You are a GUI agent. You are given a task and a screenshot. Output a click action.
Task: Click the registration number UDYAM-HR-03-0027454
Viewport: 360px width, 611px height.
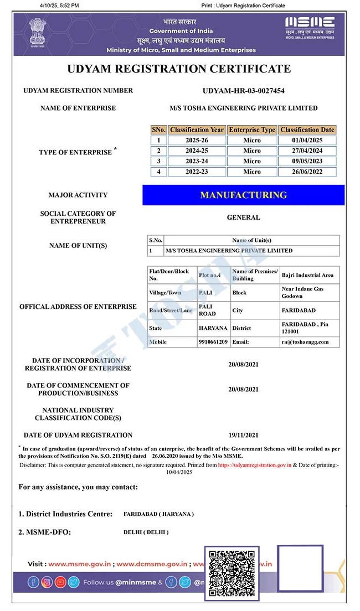click(x=243, y=91)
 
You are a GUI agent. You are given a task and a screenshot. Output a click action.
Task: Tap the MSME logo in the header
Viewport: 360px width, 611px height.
click(x=310, y=27)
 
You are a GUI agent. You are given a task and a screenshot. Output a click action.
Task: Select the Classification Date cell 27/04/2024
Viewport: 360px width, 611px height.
click(x=307, y=151)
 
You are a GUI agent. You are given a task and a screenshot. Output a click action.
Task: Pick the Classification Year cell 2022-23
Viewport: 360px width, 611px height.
click(x=197, y=172)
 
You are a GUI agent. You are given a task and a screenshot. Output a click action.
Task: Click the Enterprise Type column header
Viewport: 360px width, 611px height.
click(x=252, y=130)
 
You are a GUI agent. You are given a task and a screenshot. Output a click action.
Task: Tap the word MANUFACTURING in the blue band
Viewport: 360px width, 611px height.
click(x=243, y=195)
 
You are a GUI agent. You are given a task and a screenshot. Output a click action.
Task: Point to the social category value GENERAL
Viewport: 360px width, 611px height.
click(x=243, y=218)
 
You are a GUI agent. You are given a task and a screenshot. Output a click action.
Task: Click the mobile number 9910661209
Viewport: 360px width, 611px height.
click(x=213, y=342)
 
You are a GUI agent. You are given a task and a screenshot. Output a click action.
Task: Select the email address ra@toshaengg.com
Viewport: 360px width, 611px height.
click(x=305, y=342)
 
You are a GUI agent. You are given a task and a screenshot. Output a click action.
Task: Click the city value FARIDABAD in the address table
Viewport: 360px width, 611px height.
click(x=298, y=310)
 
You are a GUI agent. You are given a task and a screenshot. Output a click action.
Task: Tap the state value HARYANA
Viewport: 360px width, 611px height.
click(x=213, y=328)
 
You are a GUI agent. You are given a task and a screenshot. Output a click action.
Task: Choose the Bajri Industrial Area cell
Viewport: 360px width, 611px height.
click(x=307, y=275)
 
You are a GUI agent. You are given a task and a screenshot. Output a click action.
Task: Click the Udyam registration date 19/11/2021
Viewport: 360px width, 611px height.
click(x=243, y=435)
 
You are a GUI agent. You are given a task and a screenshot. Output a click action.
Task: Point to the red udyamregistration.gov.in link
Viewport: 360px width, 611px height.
click(x=254, y=465)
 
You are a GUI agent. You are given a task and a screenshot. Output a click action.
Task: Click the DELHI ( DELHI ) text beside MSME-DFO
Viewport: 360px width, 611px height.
click(x=146, y=532)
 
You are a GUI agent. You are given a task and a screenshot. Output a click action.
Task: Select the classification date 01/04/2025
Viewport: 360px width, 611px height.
click(x=307, y=140)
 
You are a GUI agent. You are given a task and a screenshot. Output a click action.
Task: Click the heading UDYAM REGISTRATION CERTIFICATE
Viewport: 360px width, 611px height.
click(x=179, y=69)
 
